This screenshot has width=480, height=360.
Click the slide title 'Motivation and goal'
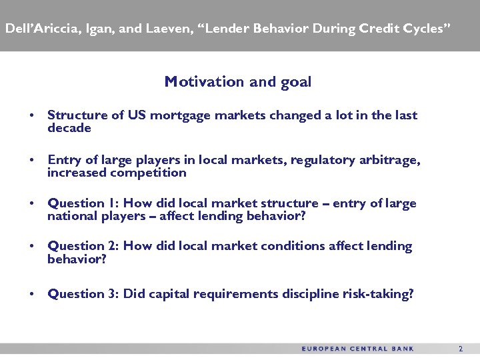[x=238, y=82]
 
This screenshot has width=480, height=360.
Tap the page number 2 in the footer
[x=460, y=349]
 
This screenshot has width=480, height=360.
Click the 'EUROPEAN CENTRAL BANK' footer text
[x=358, y=349]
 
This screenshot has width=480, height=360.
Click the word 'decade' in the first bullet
[x=69, y=128]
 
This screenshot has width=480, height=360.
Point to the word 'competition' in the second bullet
[x=148, y=173]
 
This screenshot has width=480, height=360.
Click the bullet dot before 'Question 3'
[x=32, y=294]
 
